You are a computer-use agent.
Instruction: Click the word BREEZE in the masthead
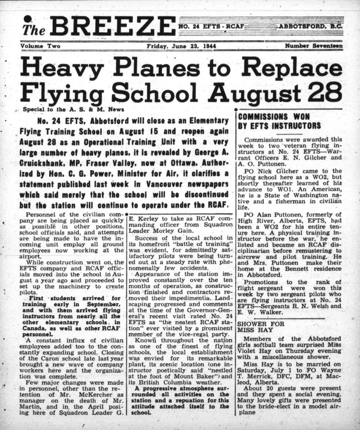click(x=113, y=26)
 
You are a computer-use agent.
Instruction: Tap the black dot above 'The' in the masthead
click(x=28, y=19)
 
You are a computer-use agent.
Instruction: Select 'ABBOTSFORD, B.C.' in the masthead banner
click(x=311, y=26)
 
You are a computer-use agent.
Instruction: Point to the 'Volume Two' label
click(x=40, y=46)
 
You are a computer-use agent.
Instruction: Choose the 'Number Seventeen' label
click(x=313, y=46)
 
